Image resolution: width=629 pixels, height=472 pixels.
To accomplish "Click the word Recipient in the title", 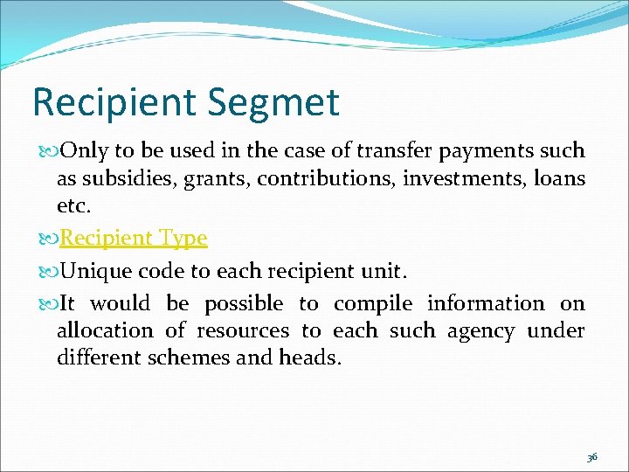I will [114, 101].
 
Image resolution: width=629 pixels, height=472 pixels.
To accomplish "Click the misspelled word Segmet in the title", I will [273, 103].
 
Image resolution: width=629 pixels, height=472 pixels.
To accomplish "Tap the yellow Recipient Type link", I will [133, 238].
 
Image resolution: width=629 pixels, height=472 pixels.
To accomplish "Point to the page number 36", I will [592, 457].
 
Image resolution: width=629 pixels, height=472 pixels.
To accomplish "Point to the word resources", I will [242, 331].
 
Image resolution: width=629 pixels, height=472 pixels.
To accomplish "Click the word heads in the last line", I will [311, 357].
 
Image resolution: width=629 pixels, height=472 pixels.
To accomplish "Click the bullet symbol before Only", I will [45, 151].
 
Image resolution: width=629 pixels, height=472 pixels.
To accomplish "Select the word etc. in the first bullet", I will [73, 205].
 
